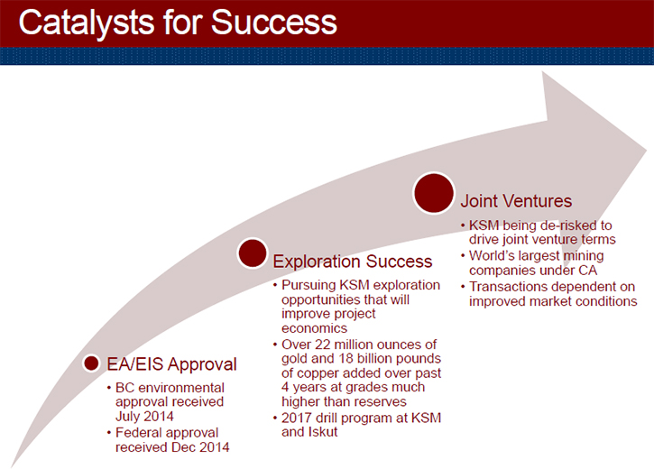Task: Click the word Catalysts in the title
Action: pyautogui.click(x=87, y=23)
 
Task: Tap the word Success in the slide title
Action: pyautogui.click(x=274, y=22)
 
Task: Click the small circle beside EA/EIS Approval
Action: pyautogui.click(x=91, y=363)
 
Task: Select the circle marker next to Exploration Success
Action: pyautogui.click(x=253, y=253)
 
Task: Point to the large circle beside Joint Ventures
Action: pyautogui.click(x=434, y=193)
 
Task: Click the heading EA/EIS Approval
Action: pyautogui.click(x=171, y=364)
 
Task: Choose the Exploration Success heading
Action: pyautogui.click(x=353, y=262)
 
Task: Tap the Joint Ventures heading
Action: pyautogui.click(x=516, y=201)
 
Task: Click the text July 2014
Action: pyautogui.click(x=144, y=416)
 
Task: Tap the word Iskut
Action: pyautogui.click(x=323, y=432)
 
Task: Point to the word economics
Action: pyautogui.click(x=315, y=328)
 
